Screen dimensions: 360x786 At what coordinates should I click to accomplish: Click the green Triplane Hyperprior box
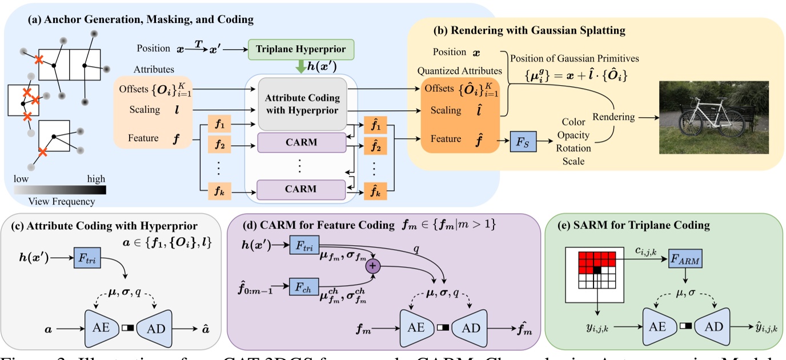coord(301,49)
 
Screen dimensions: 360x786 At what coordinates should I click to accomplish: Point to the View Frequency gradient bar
coord(60,190)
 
